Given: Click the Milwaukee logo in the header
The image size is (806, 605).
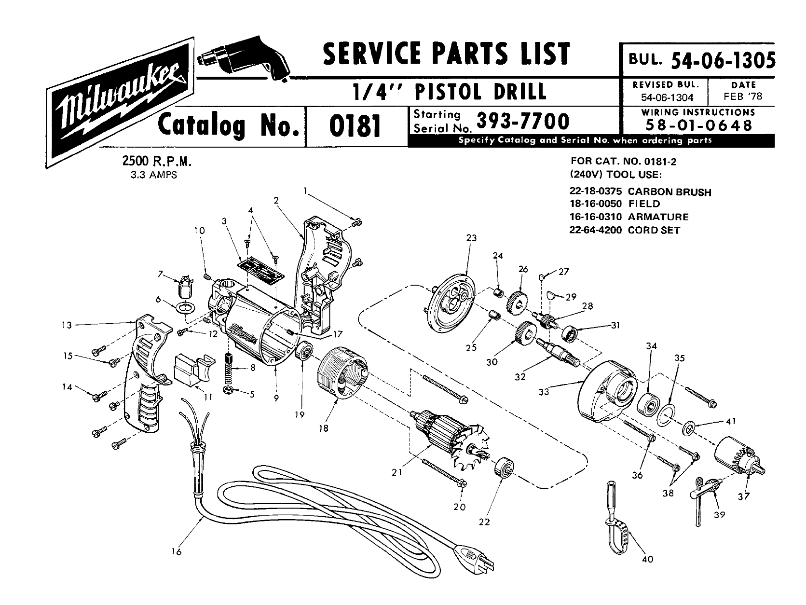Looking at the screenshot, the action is [119, 103].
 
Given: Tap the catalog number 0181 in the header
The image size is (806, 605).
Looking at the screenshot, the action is [355, 126].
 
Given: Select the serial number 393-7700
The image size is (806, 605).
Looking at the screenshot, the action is [522, 122].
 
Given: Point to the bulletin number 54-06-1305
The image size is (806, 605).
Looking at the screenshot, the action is [723, 60].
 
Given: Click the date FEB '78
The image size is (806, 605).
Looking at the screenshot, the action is [743, 96].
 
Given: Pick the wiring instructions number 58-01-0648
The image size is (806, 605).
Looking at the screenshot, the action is [699, 126].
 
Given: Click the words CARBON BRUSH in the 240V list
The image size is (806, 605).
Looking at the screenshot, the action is [669, 192].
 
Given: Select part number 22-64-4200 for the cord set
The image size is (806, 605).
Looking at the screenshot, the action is [596, 230].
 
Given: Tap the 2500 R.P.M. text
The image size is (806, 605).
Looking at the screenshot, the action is [157, 161].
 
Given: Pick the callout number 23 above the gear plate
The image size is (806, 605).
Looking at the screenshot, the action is [471, 238].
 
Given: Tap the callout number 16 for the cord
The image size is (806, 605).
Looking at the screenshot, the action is [177, 552].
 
